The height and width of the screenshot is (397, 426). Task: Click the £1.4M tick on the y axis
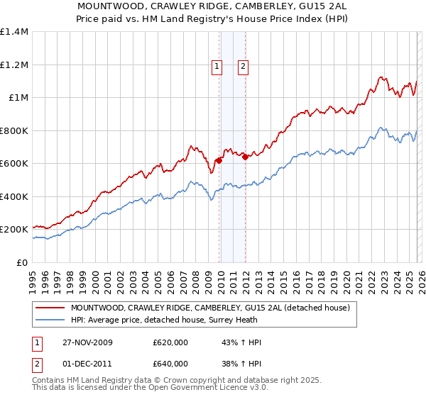click(x=14, y=32)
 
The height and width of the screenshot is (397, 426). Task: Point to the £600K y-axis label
click(x=14, y=164)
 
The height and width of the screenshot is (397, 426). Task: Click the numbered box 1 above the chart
click(x=217, y=67)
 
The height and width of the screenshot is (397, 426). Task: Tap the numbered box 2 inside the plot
click(x=243, y=67)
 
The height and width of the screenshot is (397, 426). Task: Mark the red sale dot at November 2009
click(x=219, y=160)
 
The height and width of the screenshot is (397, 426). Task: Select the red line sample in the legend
click(x=50, y=308)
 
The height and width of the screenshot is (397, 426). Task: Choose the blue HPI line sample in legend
click(x=50, y=320)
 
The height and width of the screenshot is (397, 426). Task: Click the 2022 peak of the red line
click(x=381, y=77)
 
